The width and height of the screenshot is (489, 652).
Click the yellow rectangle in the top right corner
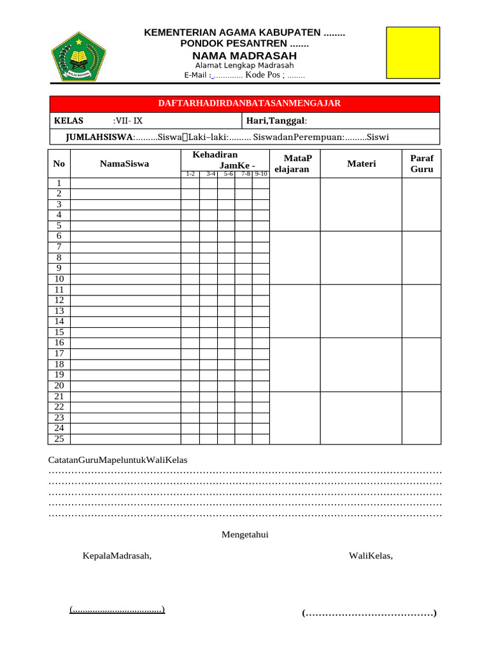tap(413, 52)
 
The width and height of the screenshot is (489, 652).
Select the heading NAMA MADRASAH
tap(244, 56)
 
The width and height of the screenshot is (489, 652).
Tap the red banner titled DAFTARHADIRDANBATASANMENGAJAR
tap(244, 103)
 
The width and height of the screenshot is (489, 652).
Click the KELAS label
tap(65, 121)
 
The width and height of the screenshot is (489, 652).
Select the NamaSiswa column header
tap(125, 164)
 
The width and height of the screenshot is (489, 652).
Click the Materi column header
tap(361, 164)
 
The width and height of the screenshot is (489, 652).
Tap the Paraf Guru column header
tap(421, 164)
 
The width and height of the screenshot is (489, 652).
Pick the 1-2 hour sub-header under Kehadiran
tap(190, 174)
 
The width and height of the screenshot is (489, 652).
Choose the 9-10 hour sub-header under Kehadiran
tap(260, 174)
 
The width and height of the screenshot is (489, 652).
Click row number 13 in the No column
tap(59, 311)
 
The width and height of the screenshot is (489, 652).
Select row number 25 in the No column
tap(59, 439)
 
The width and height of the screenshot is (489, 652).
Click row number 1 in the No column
tap(59, 183)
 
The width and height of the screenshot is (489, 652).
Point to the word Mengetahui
tap(244, 534)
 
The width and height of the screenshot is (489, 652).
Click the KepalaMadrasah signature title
tap(117, 556)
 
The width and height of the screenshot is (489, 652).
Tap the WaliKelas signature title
tap(371, 556)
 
